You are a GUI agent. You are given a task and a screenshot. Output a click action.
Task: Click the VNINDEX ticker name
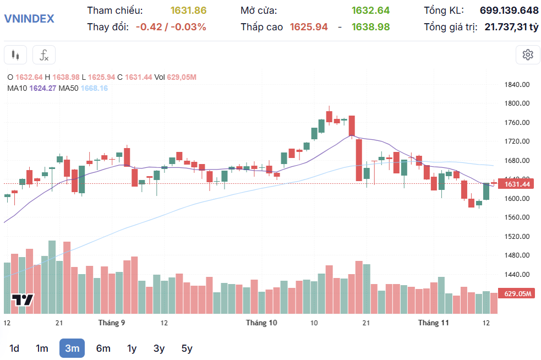[x=29, y=18]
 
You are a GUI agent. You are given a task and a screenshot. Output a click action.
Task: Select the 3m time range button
[x=72, y=348]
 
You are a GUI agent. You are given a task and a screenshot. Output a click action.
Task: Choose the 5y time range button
[x=187, y=348]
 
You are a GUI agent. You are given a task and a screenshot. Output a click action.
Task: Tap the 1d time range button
[x=14, y=348]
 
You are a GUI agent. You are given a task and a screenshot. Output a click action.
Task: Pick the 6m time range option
[x=103, y=348]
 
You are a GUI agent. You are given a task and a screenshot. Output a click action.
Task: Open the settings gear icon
[x=528, y=54]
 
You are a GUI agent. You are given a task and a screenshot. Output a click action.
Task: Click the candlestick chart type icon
[x=15, y=55]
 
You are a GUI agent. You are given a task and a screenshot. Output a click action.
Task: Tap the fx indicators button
[x=44, y=55]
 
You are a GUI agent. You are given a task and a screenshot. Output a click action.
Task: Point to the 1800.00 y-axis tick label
[x=517, y=103]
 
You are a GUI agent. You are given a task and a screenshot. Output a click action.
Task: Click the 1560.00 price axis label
[x=517, y=217]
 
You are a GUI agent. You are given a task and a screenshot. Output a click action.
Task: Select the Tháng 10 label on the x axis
[x=261, y=323]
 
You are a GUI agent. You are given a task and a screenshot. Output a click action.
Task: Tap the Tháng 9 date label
[x=112, y=323]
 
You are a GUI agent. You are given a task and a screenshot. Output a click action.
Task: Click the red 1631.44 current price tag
[x=517, y=184]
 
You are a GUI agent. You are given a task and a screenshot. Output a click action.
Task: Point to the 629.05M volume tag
[x=517, y=293]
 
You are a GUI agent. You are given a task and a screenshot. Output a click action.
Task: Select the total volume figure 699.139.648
[x=509, y=10]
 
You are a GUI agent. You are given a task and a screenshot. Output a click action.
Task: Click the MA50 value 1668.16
[x=94, y=88]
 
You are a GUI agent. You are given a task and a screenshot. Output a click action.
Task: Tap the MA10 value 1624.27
[x=43, y=88]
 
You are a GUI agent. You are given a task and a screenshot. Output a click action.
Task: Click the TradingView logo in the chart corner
[x=23, y=300]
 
